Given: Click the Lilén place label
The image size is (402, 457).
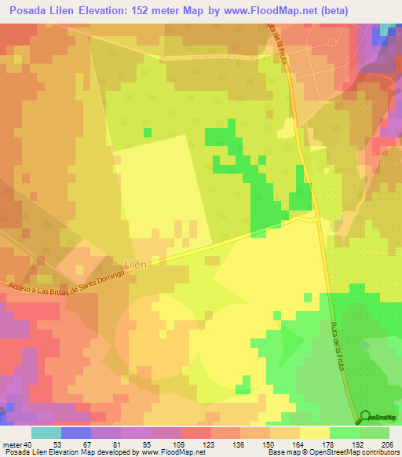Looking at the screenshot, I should (134, 265).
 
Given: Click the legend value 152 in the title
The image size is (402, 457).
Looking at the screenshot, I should (148, 10).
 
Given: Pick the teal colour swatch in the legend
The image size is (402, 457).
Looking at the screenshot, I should (46, 432).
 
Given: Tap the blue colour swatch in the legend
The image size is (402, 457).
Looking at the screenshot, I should (75, 432).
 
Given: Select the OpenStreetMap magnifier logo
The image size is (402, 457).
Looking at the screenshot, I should (364, 415).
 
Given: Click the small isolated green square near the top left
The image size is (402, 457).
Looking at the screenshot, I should (147, 132).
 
